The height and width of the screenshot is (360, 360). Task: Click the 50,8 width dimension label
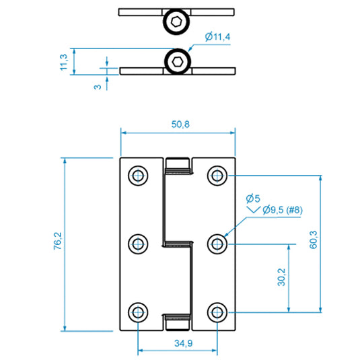(180, 124)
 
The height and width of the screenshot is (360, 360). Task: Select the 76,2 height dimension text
(58, 241)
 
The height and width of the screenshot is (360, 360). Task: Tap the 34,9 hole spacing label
(184, 343)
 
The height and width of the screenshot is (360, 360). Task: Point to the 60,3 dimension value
(314, 240)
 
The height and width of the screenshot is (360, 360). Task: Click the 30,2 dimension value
(281, 277)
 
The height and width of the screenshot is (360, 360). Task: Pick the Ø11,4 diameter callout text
(217, 37)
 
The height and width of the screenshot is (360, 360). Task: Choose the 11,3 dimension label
(64, 62)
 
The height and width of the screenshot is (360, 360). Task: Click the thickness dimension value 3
(98, 87)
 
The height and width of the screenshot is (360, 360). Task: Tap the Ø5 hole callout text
(253, 199)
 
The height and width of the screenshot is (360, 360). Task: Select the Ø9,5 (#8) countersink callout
(283, 210)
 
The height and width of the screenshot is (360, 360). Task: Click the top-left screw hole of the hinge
(138, 176)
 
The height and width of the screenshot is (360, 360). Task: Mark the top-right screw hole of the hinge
(217, 176)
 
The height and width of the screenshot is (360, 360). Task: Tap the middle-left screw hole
(138, 244)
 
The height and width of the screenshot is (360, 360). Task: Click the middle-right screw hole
(217, 244)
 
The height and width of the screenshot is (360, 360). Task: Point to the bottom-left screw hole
(138, 312)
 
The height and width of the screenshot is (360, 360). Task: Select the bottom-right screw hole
(217, 312)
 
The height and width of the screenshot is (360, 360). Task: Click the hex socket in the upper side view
(176, 22)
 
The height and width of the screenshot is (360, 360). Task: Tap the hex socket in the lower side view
(177, 61)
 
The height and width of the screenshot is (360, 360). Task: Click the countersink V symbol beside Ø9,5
(254, 210)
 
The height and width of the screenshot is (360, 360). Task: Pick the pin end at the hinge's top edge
(178, 164)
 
